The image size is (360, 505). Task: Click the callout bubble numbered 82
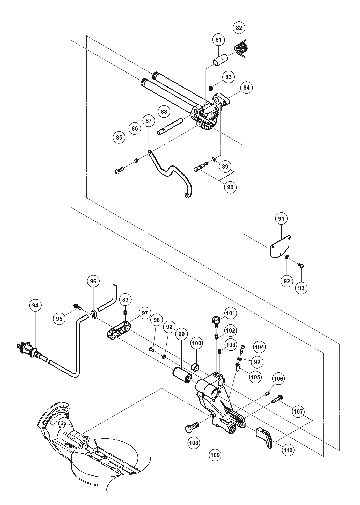[239, 27]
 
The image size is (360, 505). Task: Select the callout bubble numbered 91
[281, 219]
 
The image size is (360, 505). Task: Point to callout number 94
[35, 306]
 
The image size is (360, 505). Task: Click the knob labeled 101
[215, 320]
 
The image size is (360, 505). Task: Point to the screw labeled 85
[119, 170]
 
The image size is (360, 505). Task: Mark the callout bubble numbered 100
[196, 343]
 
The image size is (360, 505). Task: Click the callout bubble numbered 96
[93, 281]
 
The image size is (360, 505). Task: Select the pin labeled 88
[170, 127]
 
